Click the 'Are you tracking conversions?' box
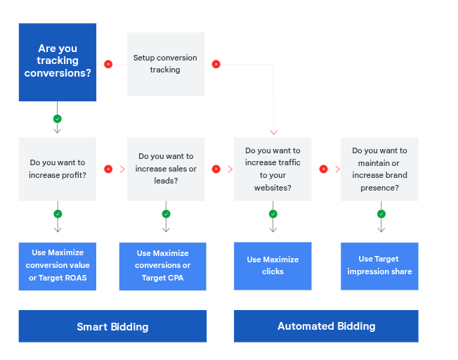coord(58,62)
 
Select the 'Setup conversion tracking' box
coord(166,64)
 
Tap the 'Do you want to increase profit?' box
coord(58,169)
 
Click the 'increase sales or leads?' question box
coord(166,169)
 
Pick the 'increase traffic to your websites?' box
coord(273,169)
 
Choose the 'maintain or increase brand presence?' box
coord(379,169)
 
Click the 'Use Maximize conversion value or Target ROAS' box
coord(58,266)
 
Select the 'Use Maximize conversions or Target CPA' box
coord(163,266)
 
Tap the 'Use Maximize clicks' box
coord(273,266)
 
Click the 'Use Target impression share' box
coord(379,266)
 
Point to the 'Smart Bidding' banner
coord(112,326)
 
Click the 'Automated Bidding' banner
coord(326,326)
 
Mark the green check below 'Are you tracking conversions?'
coord(58,119)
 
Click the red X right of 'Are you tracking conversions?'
coord(108,64)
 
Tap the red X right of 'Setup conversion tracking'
coord(216,64)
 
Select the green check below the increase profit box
coord(58,214)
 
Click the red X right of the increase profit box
coord(108,169)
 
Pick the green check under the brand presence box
coord(381,214)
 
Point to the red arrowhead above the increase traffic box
coord(273,131)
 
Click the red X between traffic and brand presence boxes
coord(323,169)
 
